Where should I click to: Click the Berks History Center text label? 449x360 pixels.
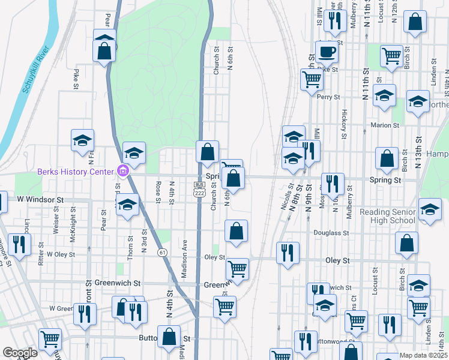point(76,172)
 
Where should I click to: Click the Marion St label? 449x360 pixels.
point(385,125)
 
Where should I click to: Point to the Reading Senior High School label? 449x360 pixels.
point(387,216)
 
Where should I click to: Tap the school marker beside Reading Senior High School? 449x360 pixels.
point(430,211)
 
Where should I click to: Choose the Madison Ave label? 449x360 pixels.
point(185,259)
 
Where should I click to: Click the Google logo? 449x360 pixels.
point(19,353)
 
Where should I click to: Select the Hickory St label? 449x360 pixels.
point(345,124)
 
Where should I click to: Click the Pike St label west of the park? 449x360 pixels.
point(76,78)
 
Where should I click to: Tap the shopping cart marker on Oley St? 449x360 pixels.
point(238,269)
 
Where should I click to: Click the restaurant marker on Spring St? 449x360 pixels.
point(333,184)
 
